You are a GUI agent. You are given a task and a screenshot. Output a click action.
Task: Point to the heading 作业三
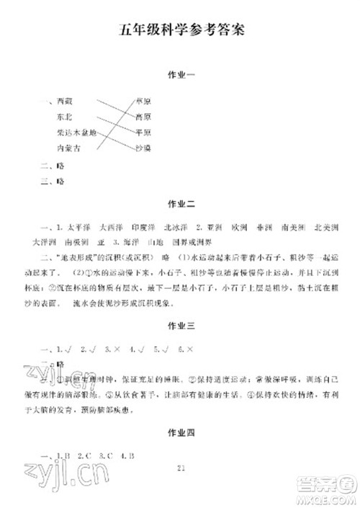tap(180, 326)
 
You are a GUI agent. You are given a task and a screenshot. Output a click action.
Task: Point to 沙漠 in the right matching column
tap(143, 148)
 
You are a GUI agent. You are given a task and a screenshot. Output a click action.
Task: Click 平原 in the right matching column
tap(143, 133)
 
